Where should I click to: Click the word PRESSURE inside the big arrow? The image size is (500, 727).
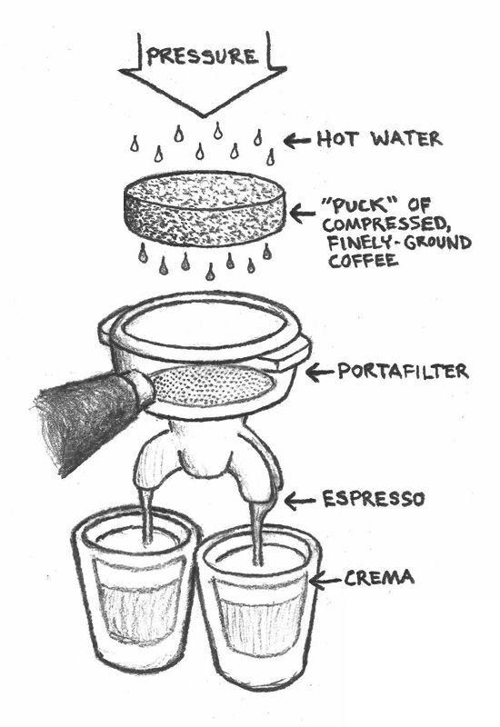tap(201, 56)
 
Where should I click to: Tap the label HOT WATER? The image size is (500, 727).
tap(379, 139)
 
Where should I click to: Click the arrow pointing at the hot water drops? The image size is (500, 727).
tap(297, 141)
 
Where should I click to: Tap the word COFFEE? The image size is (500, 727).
tap(364, 261)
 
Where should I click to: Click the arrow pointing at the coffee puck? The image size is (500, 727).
tap(303, 214)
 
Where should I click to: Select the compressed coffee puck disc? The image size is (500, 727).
tap(205, 208)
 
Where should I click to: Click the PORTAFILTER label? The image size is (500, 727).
tap(403, 371)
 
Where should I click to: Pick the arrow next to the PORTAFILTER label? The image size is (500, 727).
tap(320, 372)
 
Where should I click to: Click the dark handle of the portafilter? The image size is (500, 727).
tap(88, 417)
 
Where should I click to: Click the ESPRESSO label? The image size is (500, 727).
tap(374, 499)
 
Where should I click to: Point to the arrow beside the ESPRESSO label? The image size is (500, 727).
tap(300, 501)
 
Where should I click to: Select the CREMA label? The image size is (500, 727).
tap(379, 578)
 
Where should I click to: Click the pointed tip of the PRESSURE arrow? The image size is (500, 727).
tap(202, 116)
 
